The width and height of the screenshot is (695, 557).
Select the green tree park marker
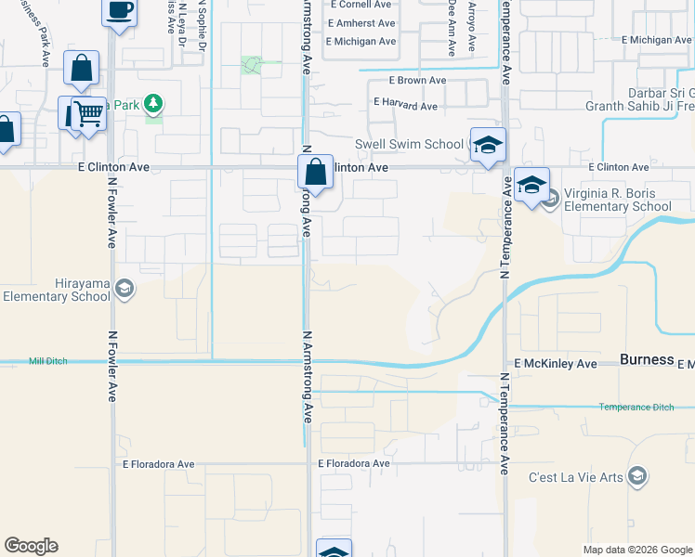(153, 104)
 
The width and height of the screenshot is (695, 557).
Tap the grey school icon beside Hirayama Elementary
(124, 291)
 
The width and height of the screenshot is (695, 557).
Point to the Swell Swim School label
(409, 144)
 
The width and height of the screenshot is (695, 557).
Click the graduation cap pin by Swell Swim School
(488, 145)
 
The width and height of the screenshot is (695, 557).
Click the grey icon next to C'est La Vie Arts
(636, 477)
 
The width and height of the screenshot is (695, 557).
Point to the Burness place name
(647, 360)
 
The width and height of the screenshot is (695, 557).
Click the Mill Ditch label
(48, 361)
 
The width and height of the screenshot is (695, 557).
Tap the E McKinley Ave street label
(556, 364)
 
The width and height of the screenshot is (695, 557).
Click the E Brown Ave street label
(410, 81)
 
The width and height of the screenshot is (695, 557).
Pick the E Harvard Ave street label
(405, 106)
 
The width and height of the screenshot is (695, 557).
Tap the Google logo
(31, 546)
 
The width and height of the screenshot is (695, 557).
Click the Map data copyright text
(637, 550)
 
